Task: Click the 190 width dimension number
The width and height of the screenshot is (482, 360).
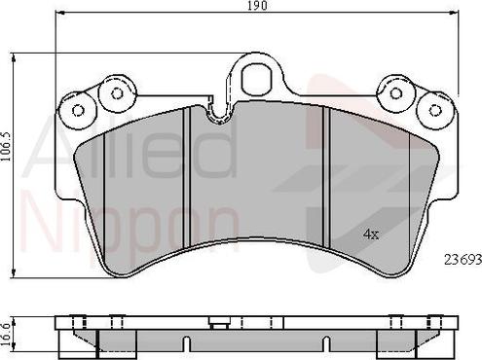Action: (258, 6)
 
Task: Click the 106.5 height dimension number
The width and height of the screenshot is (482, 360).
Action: (6, 147)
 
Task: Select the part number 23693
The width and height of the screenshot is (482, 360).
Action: (463, 259)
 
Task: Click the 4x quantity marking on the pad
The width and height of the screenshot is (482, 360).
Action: (371, 234)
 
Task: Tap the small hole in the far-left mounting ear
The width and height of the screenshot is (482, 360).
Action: (78, 111)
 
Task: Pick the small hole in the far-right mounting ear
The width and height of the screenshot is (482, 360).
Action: (435, 110)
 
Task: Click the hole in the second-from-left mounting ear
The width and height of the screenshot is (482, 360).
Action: (117, 93)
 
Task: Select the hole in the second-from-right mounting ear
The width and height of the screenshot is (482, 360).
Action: (395, 93)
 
